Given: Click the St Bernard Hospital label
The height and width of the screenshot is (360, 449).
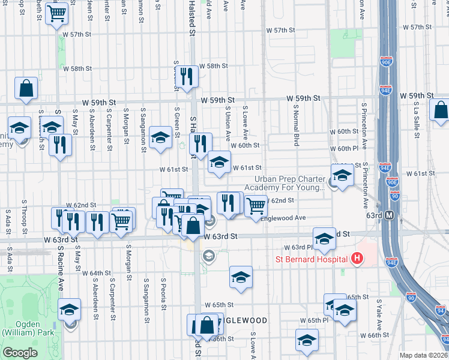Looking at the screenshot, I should (312, 259).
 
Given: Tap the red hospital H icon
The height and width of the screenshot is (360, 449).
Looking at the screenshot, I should (358, 259).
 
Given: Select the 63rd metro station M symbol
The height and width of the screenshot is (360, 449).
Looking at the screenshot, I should (389, 215).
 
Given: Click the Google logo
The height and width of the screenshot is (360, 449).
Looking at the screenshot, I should (20, 353).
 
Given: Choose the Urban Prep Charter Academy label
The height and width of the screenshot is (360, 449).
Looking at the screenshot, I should (291, 183).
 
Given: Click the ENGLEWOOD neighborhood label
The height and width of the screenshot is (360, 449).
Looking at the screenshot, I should (243, 320).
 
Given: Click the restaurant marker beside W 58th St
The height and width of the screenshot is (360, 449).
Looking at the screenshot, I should (188, 76).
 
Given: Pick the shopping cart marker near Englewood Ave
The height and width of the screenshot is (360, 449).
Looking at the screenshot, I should (256, 205).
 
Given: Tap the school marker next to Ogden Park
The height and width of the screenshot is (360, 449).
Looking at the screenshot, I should (70, 310).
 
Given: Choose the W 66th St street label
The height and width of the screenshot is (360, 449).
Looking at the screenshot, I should (379, 335).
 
